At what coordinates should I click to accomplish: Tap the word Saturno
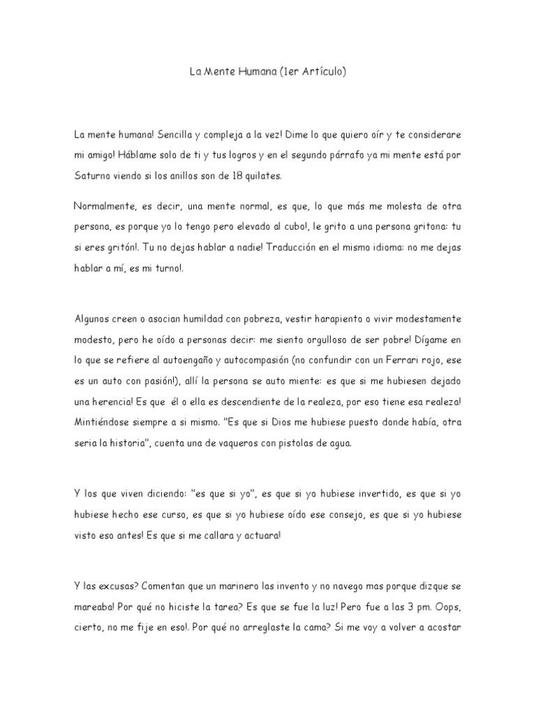tap(96, 176)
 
